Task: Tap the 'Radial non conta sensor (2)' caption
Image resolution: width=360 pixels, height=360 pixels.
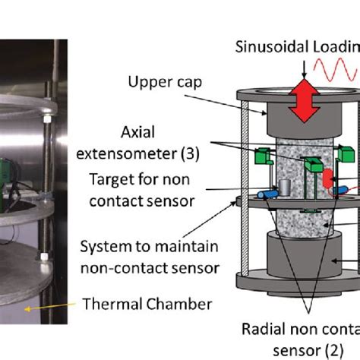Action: coord(308,339)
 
